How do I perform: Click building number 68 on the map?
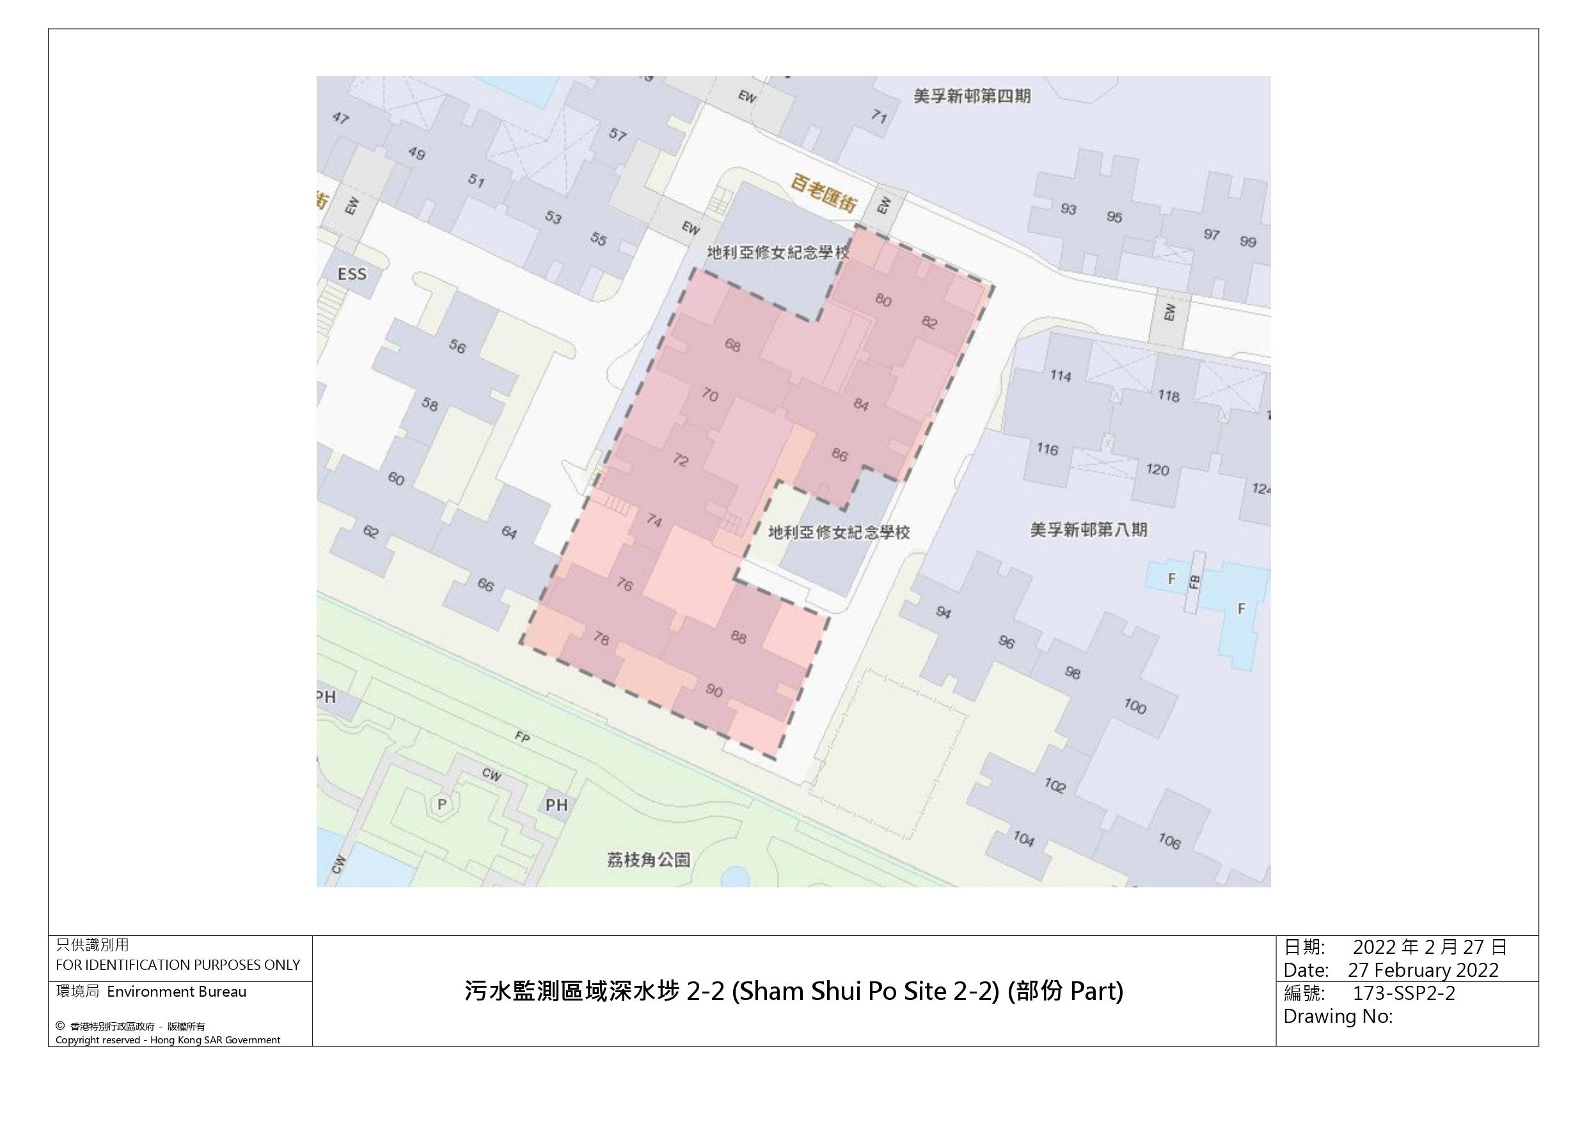(732, 344)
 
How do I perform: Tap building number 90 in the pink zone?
(714, 690)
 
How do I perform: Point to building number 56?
(457, 346)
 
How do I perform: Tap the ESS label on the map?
(352, 274)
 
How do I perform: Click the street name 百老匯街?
(824, 194)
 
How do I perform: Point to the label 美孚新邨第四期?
(972, 96)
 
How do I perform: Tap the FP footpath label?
(522, 737)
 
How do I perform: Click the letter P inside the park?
(441, 804)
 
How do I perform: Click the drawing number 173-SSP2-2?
(1403, 993)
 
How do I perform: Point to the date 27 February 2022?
(1423, 970)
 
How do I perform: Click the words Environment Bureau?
(177, 992)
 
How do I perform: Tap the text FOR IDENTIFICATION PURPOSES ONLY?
(178, 965)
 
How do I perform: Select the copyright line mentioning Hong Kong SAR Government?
(168, 1040)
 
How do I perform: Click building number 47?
(340, 118)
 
